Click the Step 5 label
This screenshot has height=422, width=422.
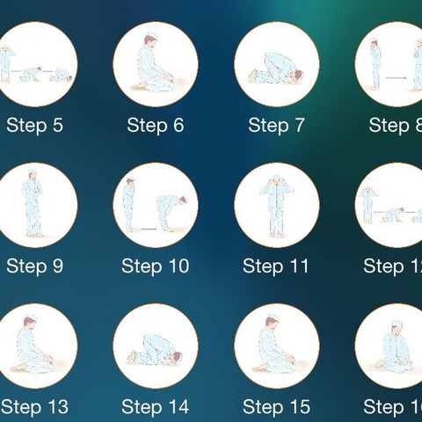(34, 126)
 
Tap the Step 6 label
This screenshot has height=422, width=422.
(156, 126)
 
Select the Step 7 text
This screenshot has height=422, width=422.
(276, 126)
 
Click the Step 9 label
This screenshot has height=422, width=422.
(34, 266)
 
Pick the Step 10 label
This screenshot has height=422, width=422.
(156, 266)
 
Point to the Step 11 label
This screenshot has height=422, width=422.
(276, 266)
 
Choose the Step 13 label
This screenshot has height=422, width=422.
(34, 407)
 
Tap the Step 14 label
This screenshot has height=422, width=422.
(156, 407)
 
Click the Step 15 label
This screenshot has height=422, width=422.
(276, 407)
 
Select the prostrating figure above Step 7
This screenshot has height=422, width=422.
(275, 68)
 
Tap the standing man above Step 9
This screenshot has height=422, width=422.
(33, 203)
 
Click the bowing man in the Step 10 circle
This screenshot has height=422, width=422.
(171, 212)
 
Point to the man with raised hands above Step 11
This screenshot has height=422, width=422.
(276, 205)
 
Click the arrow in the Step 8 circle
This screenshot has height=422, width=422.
(396, 78)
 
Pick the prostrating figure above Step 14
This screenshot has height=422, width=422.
(155, 349)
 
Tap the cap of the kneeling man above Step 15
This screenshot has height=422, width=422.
(273, 317)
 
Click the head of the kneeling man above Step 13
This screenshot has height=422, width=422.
(31, 321)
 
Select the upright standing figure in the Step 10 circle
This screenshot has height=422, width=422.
(128, 204)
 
